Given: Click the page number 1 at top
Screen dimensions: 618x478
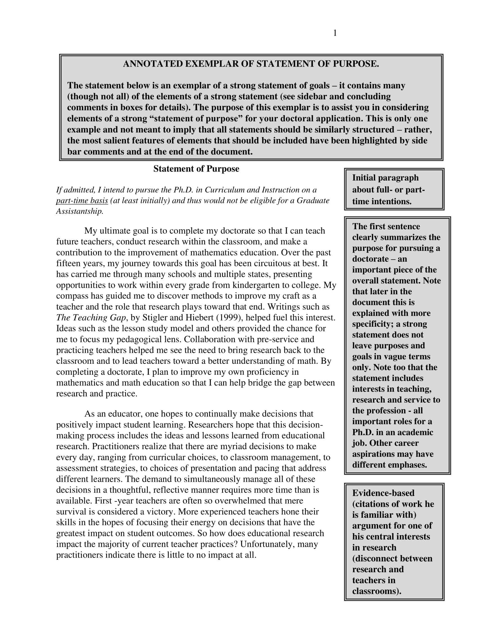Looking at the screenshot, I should click(x=335, y=33).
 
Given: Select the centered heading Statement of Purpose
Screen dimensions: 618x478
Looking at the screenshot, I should click(x=196, y=169).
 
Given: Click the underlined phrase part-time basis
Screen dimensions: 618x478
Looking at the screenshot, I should click(x=82, y=201).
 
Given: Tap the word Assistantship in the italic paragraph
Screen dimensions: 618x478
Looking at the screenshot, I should click(x=80, y=211).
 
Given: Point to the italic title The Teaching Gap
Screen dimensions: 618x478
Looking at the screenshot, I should click(x=91, y=318).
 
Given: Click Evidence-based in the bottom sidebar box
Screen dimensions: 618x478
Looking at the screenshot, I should click(x=383, y=493).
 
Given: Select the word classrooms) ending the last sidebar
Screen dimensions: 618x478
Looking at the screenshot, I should click(x=376, y=591).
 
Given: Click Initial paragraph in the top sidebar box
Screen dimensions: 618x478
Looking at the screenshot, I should click(x=385, y=178).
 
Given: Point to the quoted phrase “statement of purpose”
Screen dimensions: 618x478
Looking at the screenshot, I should click(x=196, y=119).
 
